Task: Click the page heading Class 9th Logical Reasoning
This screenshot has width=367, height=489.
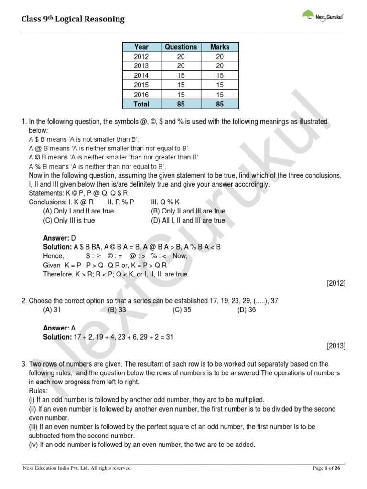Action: pos(73,19)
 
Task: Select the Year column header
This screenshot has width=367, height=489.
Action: pos(141,47)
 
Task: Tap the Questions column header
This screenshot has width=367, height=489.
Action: pos(181,47)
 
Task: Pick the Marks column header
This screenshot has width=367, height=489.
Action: pos(220,47)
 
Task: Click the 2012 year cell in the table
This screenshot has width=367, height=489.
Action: pos(141,56)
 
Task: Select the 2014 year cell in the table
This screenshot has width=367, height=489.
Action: pos(141,75)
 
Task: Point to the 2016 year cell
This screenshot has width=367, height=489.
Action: pos(141,95)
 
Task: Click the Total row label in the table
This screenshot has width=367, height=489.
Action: pos(141,104)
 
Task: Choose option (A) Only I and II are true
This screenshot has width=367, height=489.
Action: pos(78,211)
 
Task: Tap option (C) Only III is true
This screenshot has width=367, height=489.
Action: pos(69,221)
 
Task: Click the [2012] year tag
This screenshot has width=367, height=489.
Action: pos(336,283)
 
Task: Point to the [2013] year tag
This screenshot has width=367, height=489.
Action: pos(336,346)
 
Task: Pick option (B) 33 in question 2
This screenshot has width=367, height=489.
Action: pos(117,309)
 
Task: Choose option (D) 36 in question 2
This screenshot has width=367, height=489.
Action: pos(247,309)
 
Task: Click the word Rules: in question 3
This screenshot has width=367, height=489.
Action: pos(40,391)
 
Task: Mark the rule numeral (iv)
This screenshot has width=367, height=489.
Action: pos(35,445)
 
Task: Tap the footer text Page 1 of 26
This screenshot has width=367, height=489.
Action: pos(328,468)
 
